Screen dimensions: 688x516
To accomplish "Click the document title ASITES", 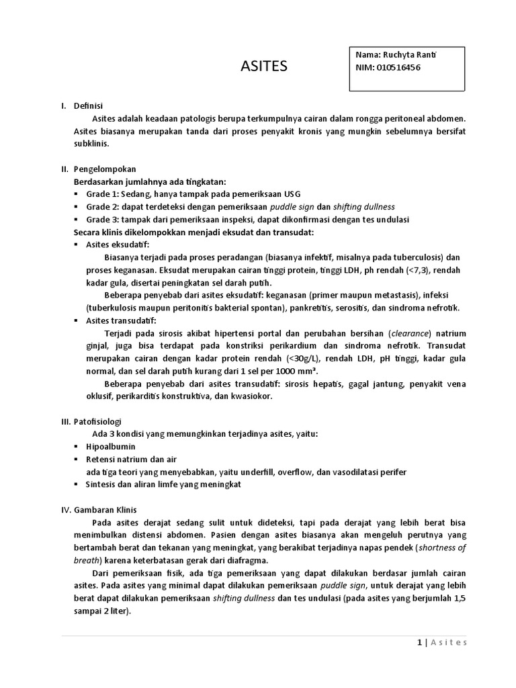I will [263, 66].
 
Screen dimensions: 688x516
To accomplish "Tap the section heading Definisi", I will [88, 105].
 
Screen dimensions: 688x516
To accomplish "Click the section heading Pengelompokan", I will [104, 169].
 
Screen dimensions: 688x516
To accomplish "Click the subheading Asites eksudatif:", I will [118, 245].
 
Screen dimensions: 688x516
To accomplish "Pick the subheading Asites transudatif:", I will [121, 320].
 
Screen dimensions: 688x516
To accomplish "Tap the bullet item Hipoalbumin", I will [111, 447].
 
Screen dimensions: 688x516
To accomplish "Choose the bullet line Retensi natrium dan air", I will [131, 460].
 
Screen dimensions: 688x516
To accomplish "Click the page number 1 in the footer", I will [419, 642].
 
